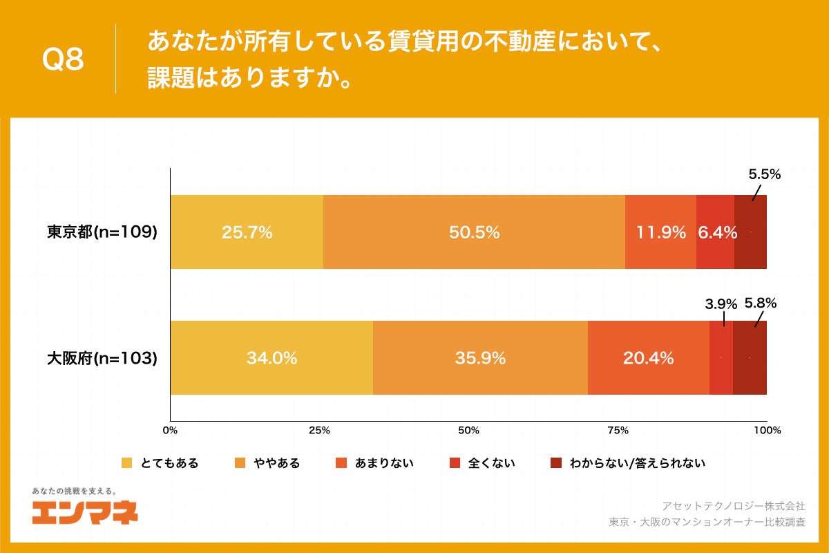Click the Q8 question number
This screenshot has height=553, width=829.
63,60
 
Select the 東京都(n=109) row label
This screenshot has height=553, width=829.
102,232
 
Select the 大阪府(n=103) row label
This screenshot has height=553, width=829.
102,358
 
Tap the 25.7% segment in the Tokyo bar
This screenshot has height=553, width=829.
247,232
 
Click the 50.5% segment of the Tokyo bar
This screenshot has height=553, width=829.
474,232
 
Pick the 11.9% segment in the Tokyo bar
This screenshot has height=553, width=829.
660,232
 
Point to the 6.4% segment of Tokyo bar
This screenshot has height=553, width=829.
716,232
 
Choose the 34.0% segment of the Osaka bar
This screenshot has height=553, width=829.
271,358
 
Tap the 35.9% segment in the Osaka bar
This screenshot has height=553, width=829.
480,358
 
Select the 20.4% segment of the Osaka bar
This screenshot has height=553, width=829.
648,358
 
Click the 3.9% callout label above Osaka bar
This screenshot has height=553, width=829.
721,303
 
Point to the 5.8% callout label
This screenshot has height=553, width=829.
761,303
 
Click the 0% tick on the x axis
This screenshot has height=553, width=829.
170,431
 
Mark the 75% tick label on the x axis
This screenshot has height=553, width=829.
618,431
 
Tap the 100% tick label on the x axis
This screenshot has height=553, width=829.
767,431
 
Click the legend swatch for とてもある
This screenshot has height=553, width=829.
126,463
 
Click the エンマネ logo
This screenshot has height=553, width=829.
84,512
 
